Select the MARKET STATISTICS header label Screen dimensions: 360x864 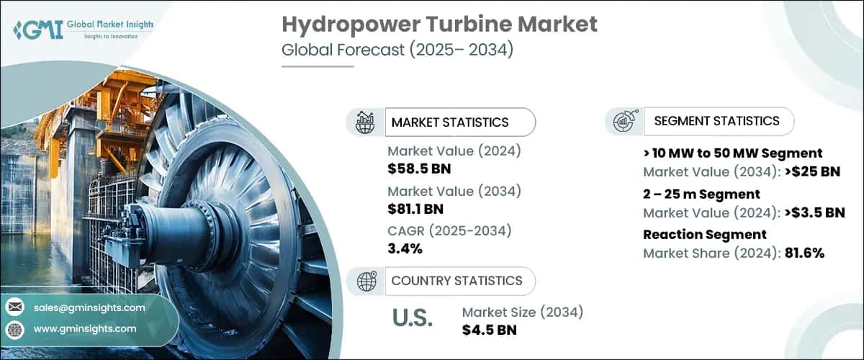click(450, 122)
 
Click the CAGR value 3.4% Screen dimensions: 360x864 click(405, 249)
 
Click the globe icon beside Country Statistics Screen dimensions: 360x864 click(367, 281)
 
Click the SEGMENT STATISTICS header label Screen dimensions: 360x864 click(716, 121)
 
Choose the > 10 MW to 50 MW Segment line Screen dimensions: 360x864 click(732, 153)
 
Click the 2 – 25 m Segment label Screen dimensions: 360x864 click(701, 194)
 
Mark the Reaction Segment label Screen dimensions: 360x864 click(705, 234)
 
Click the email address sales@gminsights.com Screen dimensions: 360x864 click(89, 307)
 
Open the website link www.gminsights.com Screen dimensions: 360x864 click(85, 328)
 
